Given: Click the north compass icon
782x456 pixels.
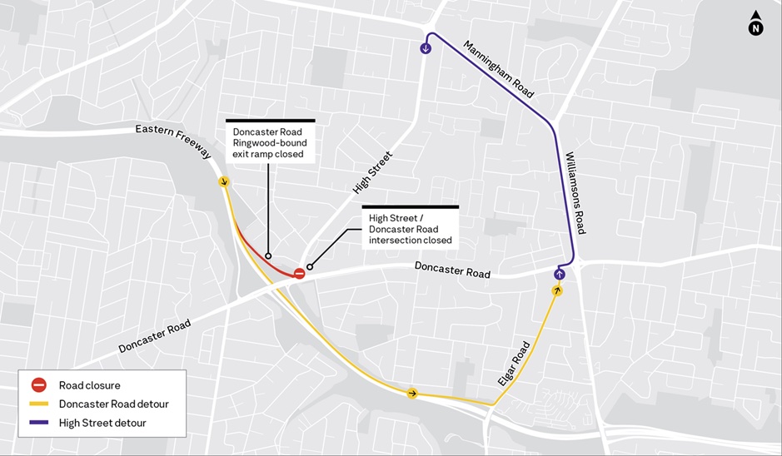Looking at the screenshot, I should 755,25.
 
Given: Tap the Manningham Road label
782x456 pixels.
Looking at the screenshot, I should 499,69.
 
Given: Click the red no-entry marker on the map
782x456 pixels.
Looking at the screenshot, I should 299,272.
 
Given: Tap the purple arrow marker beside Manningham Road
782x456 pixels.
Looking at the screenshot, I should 426,48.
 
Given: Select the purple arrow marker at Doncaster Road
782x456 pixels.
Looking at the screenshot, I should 559,274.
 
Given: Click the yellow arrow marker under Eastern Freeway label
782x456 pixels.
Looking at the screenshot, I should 223,181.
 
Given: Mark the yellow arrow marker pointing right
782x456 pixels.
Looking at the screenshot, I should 412,393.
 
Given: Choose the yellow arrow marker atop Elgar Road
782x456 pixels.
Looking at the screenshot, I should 557,290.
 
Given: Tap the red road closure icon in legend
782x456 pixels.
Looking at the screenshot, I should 38,385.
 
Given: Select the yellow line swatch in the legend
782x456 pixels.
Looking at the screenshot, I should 38,404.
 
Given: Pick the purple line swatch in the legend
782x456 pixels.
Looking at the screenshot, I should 38,423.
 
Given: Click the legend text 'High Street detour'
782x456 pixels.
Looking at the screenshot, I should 104,423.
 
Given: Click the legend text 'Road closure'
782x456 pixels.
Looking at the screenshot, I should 89,385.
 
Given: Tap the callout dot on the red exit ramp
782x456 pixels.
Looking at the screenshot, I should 268,255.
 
